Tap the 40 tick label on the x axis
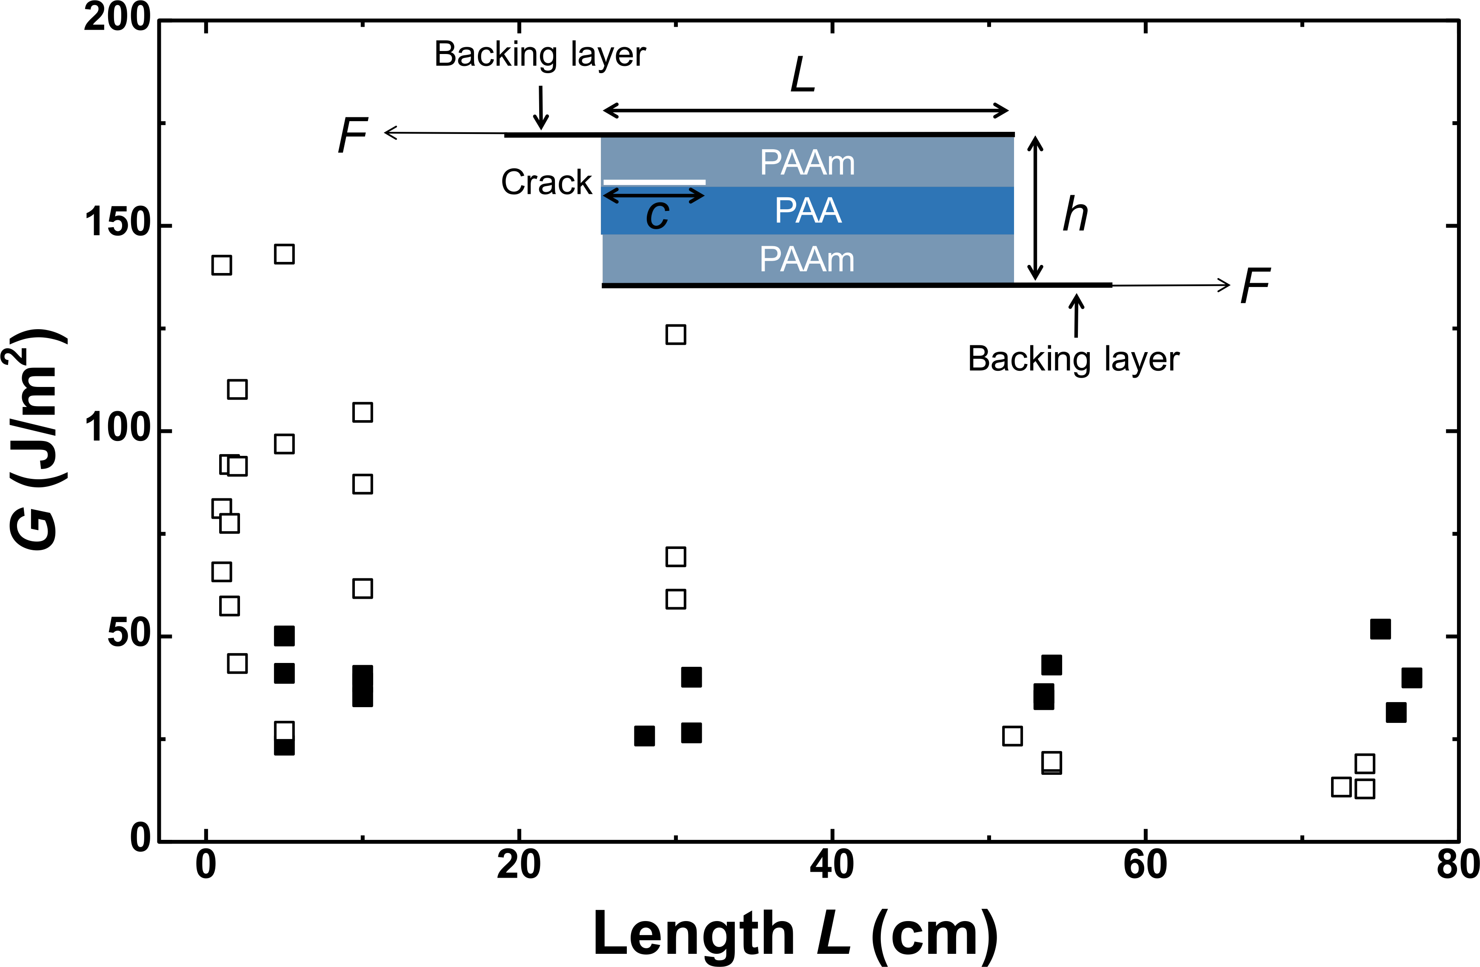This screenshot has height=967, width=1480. click(x=831, y=865)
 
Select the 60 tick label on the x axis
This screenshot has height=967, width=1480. click(x=1145, y=865)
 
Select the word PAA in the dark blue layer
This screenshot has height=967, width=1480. click(x=808, y=210)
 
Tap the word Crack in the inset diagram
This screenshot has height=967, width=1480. click(x=547, y=182)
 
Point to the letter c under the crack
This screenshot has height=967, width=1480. click(x=657, y=216)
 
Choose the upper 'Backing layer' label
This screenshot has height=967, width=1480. click(x=540, y=55)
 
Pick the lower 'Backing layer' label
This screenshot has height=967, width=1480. click(x=1073, y=359)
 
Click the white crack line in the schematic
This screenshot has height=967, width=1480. click(x=654, y=182)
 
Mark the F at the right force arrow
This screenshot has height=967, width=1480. click(x=1255, y=285)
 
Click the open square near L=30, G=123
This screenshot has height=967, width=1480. click(x=676, y=334)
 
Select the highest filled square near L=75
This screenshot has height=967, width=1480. click(x=1380, y=629)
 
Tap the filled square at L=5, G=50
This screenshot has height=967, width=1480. click(x=284, y=636)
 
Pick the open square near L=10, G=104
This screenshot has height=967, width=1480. click(x=363, y=412)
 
